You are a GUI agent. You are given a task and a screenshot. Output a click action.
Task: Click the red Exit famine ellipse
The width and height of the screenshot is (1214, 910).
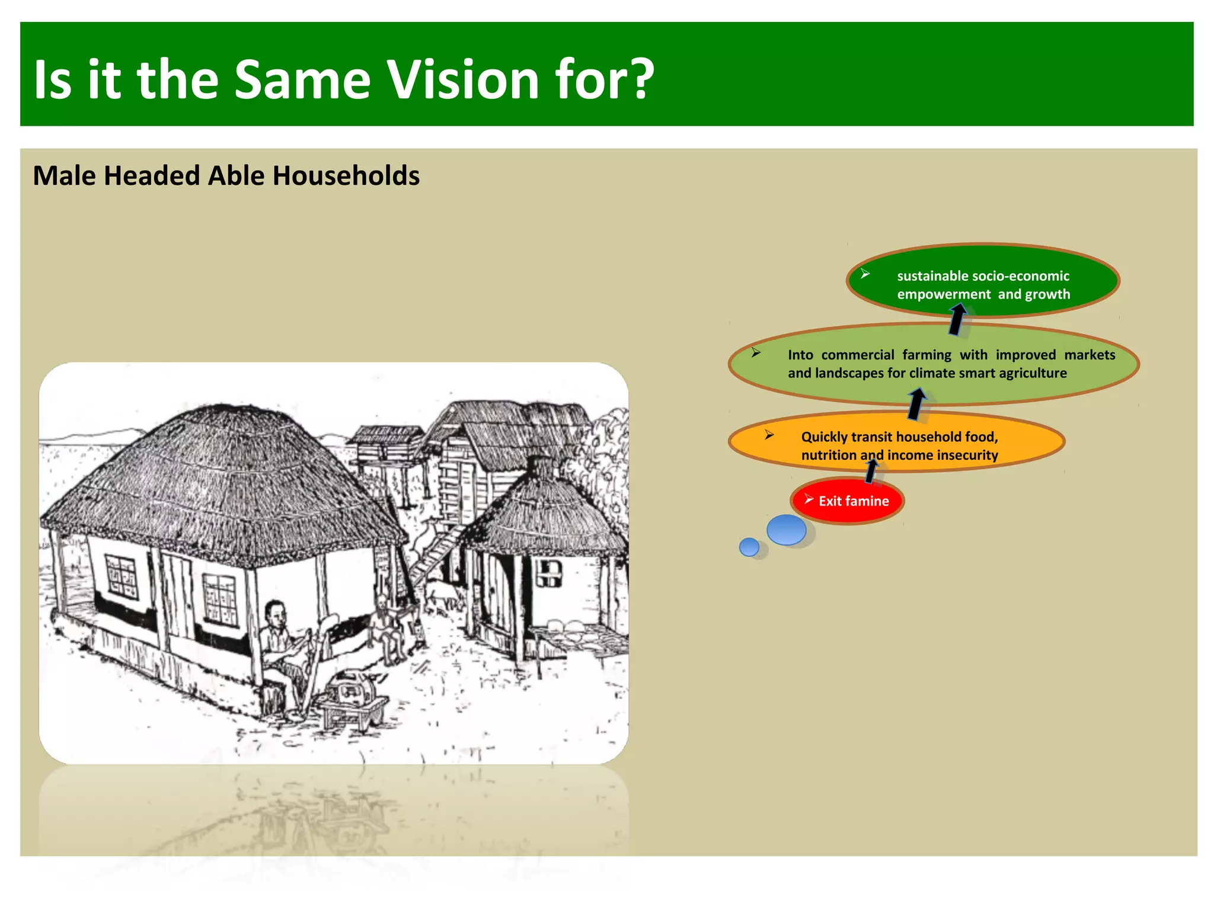847,501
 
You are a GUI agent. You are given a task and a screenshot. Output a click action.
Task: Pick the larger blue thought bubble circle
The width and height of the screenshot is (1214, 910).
786,530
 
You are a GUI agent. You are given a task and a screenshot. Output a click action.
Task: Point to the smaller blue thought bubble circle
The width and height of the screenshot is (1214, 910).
749,546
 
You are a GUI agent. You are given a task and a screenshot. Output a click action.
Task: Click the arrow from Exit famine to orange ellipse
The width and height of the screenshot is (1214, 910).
871,471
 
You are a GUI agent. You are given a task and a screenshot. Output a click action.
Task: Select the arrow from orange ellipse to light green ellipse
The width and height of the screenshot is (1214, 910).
916,404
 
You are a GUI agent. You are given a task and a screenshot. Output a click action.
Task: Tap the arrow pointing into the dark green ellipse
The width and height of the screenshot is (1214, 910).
957,319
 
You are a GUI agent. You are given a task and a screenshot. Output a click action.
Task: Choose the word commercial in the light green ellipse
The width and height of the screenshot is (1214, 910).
857,355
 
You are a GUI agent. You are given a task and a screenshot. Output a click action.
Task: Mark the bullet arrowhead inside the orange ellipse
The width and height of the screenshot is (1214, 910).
769,435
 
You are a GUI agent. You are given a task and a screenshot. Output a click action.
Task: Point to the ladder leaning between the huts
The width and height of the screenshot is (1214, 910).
436,554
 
